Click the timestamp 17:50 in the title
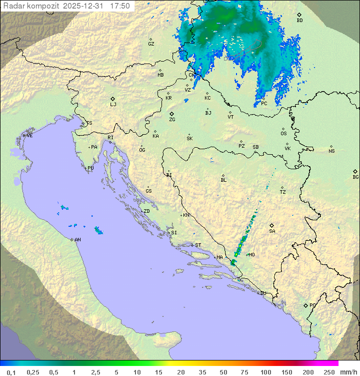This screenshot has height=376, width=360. (119, 6)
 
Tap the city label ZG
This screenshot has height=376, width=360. (172, 120)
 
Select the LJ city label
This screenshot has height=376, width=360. (113, 104)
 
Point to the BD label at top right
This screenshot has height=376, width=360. (299, 21)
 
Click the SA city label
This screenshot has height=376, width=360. (272, 231)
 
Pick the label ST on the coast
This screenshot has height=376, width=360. (198, 245)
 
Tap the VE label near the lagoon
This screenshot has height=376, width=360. (29, 136)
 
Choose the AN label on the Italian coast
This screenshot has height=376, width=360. (77, 240)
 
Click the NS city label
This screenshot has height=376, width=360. (331, 151)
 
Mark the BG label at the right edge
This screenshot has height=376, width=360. (355, 177)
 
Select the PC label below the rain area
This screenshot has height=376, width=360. (264, 104)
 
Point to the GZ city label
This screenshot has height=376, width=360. (151, 44)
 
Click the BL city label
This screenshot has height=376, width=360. (223, 180)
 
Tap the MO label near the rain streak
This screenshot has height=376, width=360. (251, 255)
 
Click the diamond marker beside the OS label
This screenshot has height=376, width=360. (283, 128)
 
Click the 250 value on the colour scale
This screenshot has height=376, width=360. (329, 372)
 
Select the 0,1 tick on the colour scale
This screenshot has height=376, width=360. (11, 372)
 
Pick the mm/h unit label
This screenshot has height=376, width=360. (347, 372)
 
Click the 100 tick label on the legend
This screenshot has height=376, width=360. (265, 372)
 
